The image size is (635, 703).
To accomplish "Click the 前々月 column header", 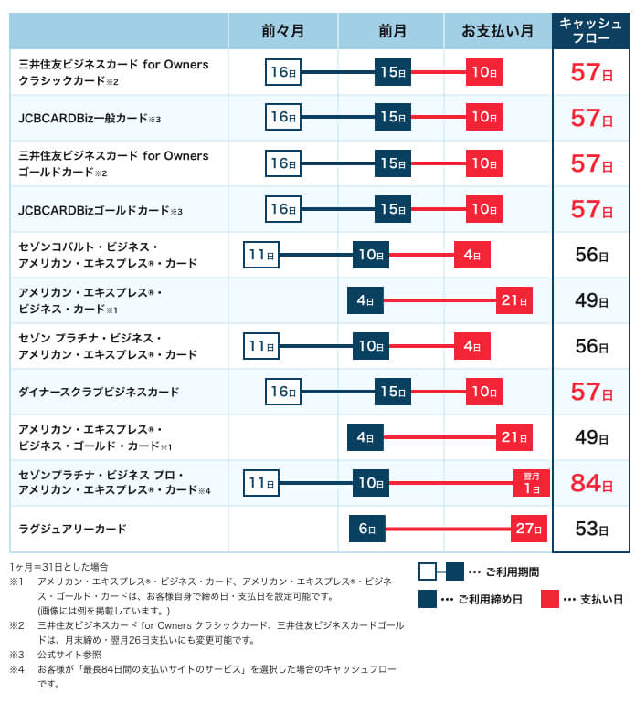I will point(283,31).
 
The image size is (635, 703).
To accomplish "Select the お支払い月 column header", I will point(497,31).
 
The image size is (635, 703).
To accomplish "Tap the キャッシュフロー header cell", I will point(590,31).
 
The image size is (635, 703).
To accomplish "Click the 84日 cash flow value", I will point(591,483).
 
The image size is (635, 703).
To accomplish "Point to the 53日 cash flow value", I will point(591,529).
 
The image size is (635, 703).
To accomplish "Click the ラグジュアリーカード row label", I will point(73,529).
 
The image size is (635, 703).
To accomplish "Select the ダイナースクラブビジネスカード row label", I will point(100,392).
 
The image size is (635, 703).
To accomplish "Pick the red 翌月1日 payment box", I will point(532,483).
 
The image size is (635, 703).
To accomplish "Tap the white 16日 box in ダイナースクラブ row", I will point(283,392).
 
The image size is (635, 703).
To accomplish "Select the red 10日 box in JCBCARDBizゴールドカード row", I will point(484,209).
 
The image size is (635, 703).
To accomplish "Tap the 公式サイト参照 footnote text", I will point(69,655).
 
